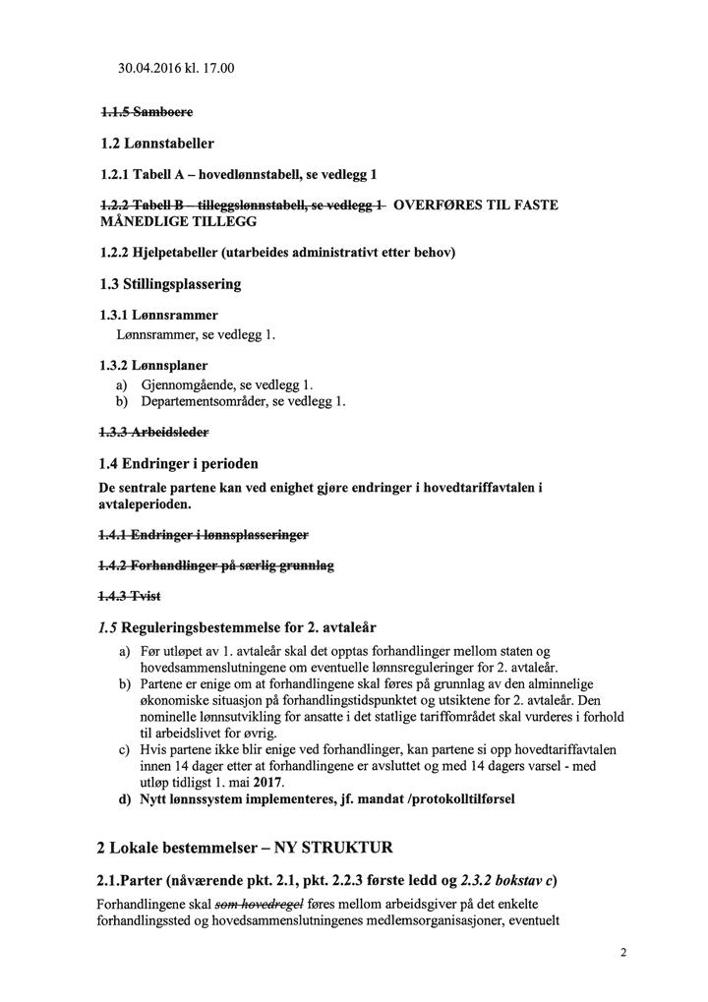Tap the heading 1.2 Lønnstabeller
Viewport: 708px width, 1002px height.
coord(156,144)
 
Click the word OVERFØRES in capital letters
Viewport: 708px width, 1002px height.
coord(436,206)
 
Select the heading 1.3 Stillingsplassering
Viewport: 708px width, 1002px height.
coord(170,284)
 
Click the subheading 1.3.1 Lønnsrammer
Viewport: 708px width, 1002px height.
coord(158,316)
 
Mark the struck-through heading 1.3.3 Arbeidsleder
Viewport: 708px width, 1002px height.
coord(153,431)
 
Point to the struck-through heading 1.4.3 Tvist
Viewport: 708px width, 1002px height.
coord(130,597)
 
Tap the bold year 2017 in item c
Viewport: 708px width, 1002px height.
coord(266,782)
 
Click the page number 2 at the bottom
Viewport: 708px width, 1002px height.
coord(623,952)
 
